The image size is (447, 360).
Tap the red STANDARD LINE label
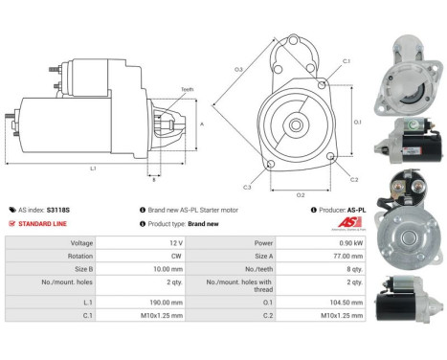45,223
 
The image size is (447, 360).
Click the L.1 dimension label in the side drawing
92,169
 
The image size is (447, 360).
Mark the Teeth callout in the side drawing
187,89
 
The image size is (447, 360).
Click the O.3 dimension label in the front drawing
238,69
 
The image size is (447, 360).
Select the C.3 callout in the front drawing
247,187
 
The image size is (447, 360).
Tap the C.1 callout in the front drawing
346,61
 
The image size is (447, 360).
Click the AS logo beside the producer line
353,222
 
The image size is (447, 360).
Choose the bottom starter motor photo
414,297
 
